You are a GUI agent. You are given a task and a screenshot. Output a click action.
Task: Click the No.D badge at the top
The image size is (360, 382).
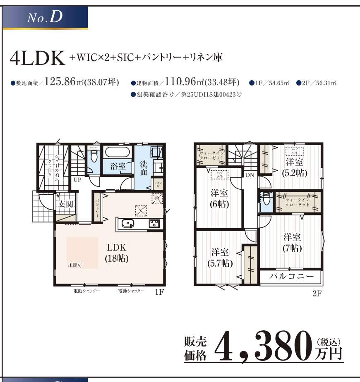45,18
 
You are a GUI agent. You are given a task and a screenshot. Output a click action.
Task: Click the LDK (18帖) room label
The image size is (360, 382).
116,253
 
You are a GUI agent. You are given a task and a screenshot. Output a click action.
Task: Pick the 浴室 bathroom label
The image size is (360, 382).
118,166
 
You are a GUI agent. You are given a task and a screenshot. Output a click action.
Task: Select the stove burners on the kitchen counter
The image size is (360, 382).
154,224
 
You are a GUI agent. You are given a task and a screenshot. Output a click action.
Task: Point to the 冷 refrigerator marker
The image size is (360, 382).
157,198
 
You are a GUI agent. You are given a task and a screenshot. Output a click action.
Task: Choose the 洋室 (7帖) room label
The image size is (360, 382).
292,243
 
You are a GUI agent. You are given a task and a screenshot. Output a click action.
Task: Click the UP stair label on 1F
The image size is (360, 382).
77,180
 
